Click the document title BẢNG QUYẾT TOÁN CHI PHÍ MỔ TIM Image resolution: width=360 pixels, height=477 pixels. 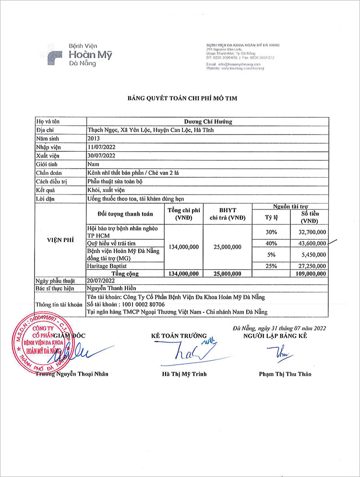(182, 98)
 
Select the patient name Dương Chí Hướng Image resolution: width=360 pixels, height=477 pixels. (208, 122)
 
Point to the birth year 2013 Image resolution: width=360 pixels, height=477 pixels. (94, 138)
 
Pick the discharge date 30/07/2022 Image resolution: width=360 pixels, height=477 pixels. (102, 155)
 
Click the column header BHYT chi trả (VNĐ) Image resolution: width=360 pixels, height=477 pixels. (228, 214)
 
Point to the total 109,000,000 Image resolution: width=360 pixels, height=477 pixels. (309, 273)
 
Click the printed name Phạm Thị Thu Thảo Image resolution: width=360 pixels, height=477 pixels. (285, 374)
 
